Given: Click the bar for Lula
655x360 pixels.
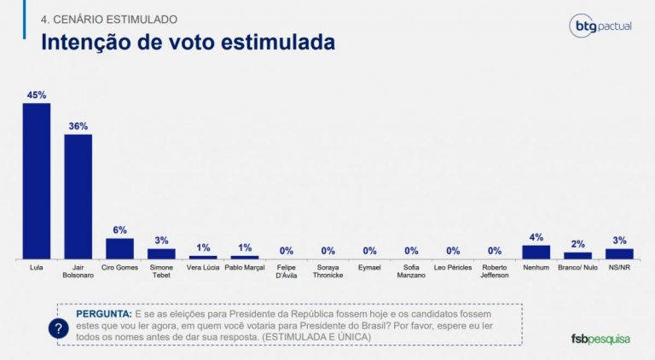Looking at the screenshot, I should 37,181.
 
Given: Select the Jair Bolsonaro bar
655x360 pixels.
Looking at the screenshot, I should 78,196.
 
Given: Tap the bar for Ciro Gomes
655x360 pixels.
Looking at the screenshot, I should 119,248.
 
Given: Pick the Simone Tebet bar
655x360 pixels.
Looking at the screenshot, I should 161,253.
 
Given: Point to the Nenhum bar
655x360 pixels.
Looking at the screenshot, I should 536,252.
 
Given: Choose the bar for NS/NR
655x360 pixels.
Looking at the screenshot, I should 619,253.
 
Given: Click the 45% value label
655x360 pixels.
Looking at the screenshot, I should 37,95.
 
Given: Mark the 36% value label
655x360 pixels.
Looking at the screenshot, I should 78,126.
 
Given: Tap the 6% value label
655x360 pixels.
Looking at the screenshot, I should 119,229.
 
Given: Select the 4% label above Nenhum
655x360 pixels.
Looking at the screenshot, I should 536,236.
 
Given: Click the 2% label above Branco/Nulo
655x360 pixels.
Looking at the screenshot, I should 577,244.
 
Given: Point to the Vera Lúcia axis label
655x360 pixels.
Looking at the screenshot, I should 202,268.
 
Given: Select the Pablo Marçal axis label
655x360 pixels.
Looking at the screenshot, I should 244,268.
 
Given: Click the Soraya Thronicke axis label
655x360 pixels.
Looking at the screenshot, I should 327,271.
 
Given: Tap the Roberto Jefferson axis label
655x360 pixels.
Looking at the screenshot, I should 495,271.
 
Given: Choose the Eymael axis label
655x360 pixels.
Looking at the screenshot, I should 369,268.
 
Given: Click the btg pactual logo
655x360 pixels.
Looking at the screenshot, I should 600,26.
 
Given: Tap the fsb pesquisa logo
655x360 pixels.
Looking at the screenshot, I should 600,339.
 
